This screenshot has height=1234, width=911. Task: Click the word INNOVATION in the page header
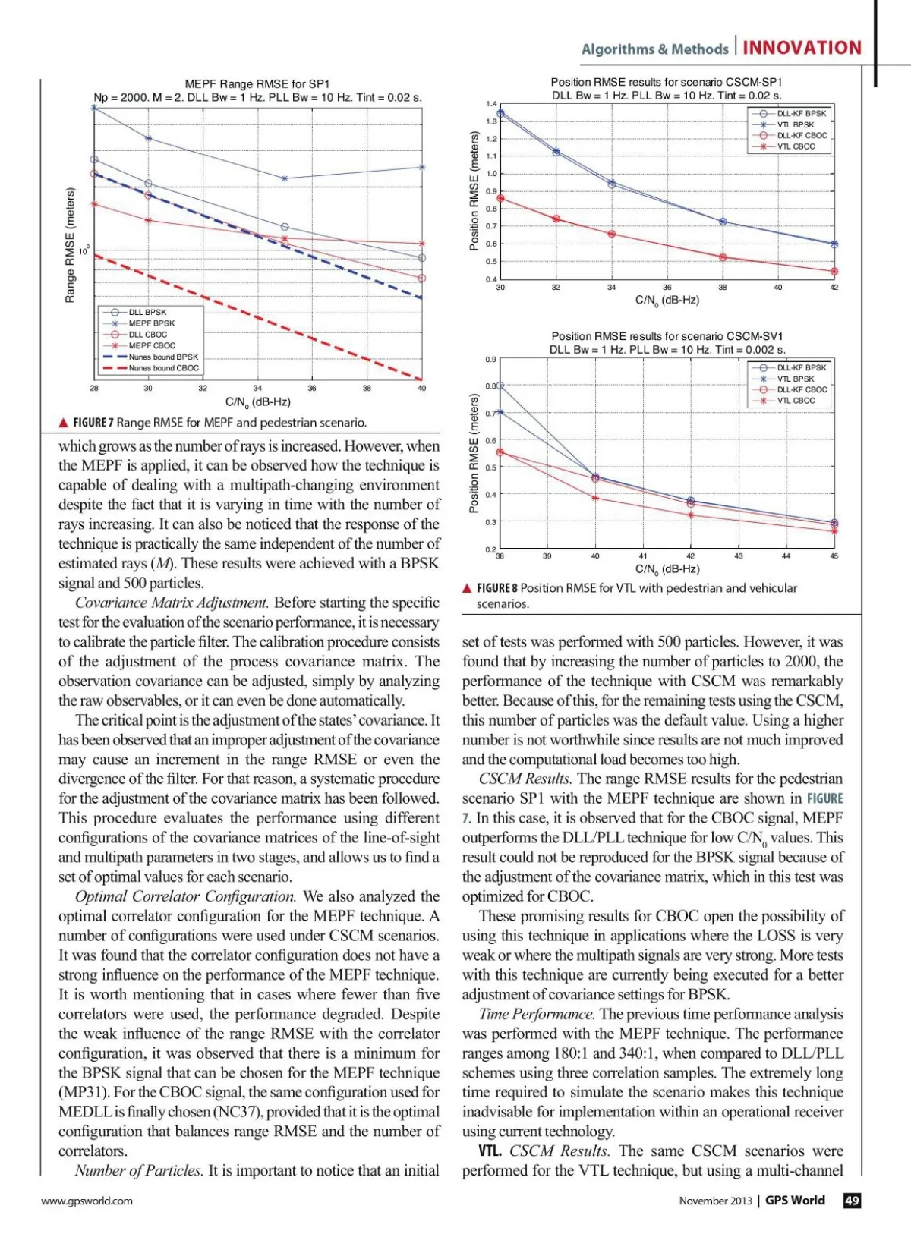tap(802, 48)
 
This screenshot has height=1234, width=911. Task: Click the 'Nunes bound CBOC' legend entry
tap(163, 368)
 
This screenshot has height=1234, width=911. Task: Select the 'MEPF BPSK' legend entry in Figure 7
tap(151, 323)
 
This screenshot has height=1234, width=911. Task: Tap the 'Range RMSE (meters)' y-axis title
tap(71, 245)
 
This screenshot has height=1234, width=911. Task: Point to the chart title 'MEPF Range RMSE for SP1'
tap(257, 84)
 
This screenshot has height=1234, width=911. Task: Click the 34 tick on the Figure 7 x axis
tap(257, 388)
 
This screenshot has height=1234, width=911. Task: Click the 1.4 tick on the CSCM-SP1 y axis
tap(492, 104)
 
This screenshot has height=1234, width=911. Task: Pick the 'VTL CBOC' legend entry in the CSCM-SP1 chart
tap(796, 146)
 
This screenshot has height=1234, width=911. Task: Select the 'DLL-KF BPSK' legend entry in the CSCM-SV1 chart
tap(801, 367)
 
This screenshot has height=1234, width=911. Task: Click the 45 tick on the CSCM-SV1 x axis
tap(834, 556)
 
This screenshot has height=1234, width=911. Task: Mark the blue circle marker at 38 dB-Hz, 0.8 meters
tap(500, 386)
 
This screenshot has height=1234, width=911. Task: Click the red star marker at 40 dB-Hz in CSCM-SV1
tap(595, 498)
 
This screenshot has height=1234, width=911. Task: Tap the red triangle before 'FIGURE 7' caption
tap(64, 423)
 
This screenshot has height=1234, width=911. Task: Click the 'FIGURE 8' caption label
tap(496, 588)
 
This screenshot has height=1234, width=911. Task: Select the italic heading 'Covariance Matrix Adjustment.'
tap(172, 603)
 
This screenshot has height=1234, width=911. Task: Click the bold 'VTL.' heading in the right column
tap(490, 1151)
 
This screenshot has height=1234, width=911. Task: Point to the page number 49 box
tap(852, 1200)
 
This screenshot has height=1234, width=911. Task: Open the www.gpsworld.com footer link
tap(87, 1201)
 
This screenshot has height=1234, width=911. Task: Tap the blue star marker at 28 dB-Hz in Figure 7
tap(94, 108)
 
